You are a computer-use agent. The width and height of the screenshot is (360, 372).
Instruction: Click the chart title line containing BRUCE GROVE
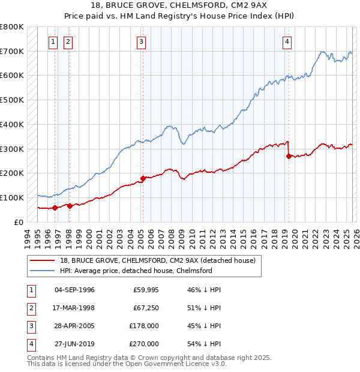pos(180,5)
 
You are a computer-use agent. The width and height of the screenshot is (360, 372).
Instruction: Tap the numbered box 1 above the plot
pos(53,42)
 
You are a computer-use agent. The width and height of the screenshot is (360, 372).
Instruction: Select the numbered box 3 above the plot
pos(141,42)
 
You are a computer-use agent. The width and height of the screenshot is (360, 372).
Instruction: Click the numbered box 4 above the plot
pos(287,42)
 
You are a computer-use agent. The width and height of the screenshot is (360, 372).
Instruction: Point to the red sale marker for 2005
pos(143,178)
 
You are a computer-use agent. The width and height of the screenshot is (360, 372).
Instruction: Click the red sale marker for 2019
pos(289,156)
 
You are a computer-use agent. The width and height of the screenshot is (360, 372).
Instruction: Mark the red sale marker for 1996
pos(55,208)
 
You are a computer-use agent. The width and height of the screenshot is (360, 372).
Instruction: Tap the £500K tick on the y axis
pos(11,100)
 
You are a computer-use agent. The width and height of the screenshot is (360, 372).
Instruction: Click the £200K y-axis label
pos(11,173)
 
